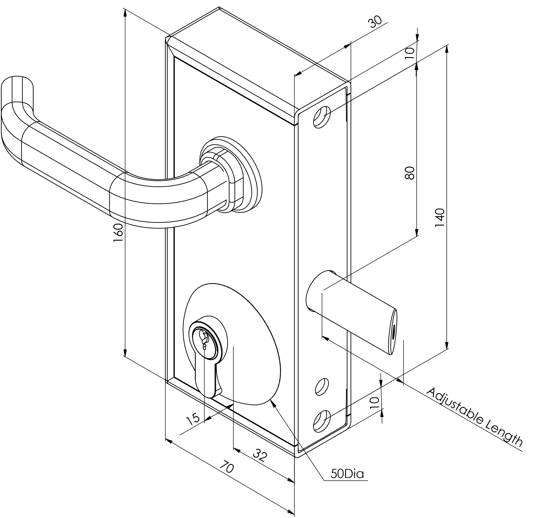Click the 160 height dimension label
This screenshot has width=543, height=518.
[x=118, y=233]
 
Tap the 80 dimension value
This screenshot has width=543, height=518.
[x=410, y=173]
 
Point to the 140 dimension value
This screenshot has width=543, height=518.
[x=440, y=218]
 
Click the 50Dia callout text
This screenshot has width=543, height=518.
[x=347, y=474]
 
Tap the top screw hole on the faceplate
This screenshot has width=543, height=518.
[x=322, y=117]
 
